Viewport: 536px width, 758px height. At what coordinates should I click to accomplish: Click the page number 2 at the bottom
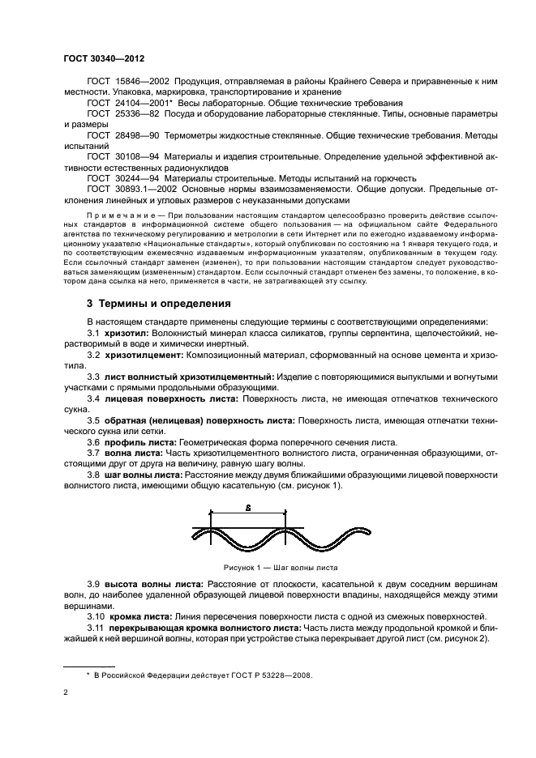66,692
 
